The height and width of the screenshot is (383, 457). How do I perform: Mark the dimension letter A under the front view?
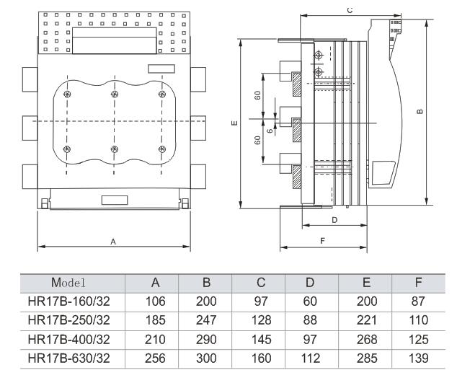[x=113, y=242]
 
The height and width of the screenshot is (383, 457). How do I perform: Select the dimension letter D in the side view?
[x=334, y=219]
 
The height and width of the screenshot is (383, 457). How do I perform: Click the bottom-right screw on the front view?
[x=161, y=149]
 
